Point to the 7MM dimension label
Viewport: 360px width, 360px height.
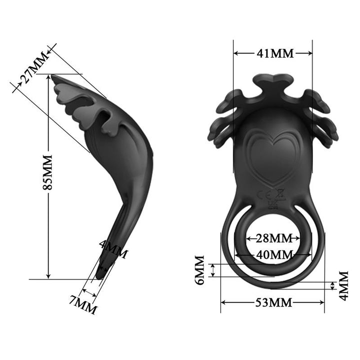(x=83, y=303)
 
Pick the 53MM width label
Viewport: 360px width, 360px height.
(x=273, y=302)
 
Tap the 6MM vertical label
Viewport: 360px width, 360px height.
(x=200, y=270)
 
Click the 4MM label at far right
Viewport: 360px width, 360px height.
(x=343, y=285)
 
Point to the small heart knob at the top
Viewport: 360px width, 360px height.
(x=272, y=81)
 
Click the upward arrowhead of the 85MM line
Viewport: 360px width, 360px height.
(x=48, y=79)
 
